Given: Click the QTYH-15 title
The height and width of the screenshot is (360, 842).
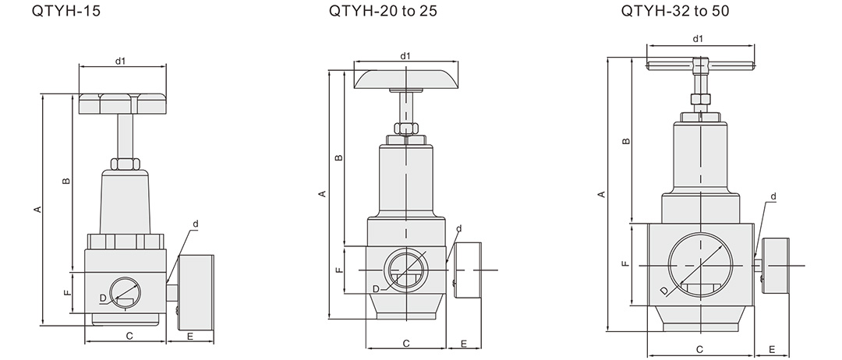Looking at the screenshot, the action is tap(66, 11).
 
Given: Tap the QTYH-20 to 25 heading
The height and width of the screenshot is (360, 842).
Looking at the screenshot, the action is tap(383, 11).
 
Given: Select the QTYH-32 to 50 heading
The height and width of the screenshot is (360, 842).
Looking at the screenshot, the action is tap(675, 11).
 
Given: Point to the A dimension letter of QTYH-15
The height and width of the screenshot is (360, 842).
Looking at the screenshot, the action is tap(37, 209).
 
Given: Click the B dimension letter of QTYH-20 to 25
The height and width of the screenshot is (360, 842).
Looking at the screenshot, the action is tap(338, 157).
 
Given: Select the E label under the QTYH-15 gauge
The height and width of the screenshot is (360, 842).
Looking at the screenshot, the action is tap(190, 337).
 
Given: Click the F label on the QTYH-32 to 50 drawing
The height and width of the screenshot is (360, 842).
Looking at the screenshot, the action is tap(625, 264).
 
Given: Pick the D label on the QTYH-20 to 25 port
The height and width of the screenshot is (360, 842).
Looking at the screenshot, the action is tap(376, 289).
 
